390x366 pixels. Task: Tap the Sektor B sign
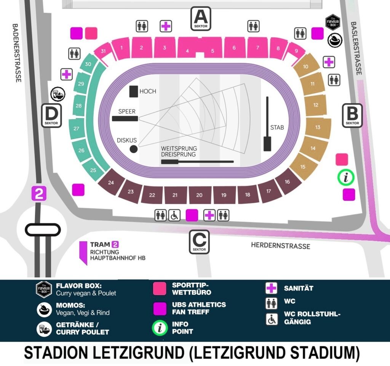352,115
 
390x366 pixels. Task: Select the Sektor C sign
200,242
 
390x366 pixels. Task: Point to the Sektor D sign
51,115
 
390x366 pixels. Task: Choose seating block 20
199,195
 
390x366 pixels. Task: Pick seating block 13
317,127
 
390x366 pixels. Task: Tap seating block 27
77,129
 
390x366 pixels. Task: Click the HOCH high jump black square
133,91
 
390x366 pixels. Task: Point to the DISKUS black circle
134,149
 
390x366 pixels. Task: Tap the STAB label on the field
277,127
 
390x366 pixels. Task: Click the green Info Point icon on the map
346,177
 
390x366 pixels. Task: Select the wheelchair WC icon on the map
174,215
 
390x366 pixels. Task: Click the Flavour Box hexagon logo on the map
332,23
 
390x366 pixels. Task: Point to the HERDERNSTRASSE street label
280,246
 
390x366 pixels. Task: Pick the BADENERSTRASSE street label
16,53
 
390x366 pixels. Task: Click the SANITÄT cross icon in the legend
271,288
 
